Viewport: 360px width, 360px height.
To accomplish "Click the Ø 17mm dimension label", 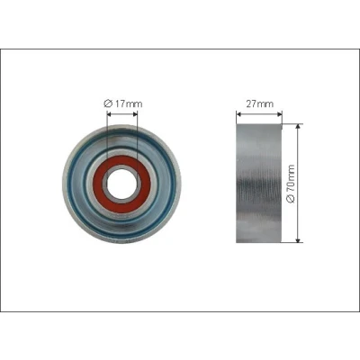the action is click(x=123, y=103).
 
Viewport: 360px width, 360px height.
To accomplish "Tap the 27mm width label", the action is click(x=260, y=103).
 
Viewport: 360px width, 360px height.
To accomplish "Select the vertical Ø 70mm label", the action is click(x=291, y=184).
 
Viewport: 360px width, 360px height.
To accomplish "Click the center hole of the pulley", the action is click(x=121, y=184).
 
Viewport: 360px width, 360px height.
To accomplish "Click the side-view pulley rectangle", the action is click(x=259, y=183).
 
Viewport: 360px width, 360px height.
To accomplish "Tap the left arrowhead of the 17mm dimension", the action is click(x=110, y=114).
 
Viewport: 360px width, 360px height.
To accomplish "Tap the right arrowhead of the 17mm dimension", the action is click(x=135, y=114).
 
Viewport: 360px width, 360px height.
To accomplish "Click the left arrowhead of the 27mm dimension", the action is click(x=238, y=114).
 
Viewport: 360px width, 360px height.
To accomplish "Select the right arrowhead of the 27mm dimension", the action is click(x=280, y=114).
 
